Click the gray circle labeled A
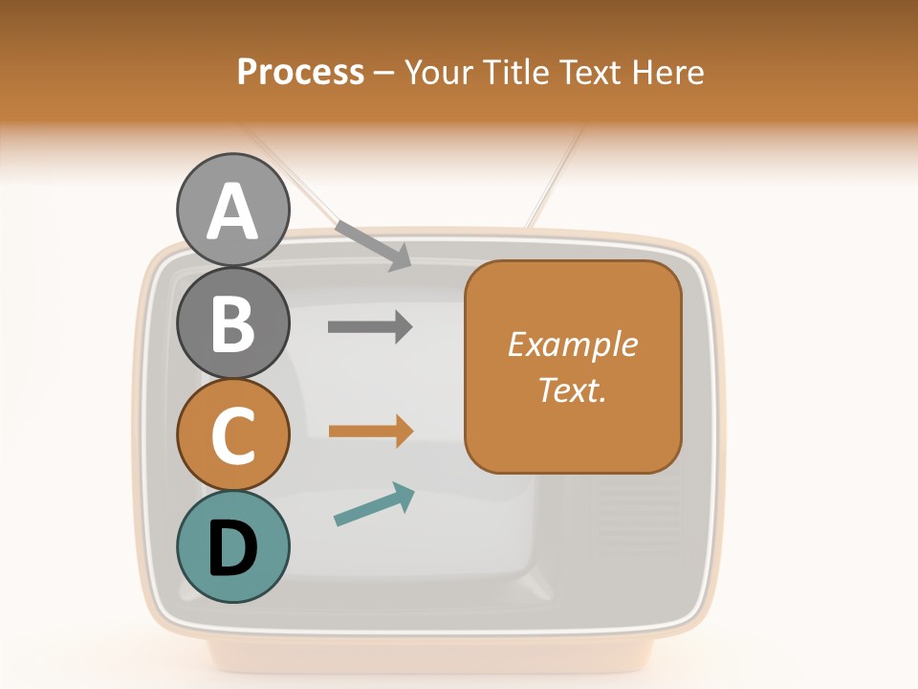click(232, 210)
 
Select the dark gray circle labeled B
click(232, 322)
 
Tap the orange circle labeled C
click(232, 434)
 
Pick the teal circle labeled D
click(232, 546)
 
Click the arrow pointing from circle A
click(374, 245)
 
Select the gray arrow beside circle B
click(370, 326)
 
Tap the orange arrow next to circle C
click(371, 431)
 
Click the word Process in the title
click(300, 72)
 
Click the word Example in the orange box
click(573, 344)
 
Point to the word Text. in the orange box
click(573, 389)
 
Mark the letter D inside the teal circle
click(232, 548)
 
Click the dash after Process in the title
click(384, 73)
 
